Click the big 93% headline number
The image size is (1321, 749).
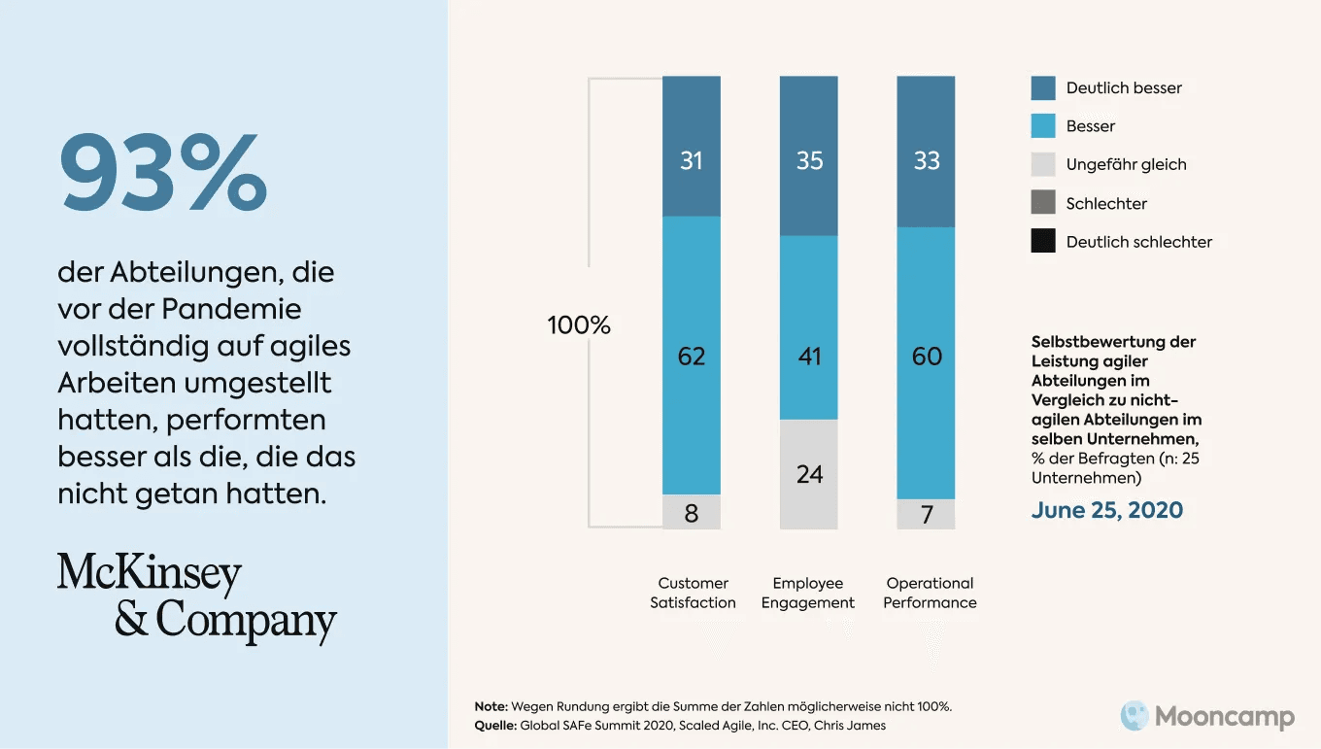(x=163, y=173)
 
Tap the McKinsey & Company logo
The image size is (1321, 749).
(x=196, y=596)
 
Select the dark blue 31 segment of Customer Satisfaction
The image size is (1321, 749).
(x=691, y=147)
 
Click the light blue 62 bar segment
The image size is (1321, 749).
(x=691, y=356)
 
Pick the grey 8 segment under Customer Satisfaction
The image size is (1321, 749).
(x=691, y=512)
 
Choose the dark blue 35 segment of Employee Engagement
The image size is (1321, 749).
(x=808, y=155)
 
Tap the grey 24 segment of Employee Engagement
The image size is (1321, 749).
(x=808, y=474)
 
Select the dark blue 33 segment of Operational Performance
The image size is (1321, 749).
(x=926, y=152)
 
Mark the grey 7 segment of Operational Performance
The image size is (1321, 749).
(x=926, y=514)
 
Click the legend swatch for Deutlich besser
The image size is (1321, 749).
(x=1043, y=87)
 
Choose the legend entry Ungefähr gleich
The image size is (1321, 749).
(x=1125, y=164)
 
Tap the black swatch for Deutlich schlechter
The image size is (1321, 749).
(x=1043, y=241)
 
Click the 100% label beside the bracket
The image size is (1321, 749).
(x=579, y=325)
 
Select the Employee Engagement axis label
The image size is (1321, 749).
(x=808, y=593)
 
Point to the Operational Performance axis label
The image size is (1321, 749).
(x=930, y=593)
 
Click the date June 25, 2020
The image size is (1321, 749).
(x=1106, y=510)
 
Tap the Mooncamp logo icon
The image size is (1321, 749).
(x=1135, y=716)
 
